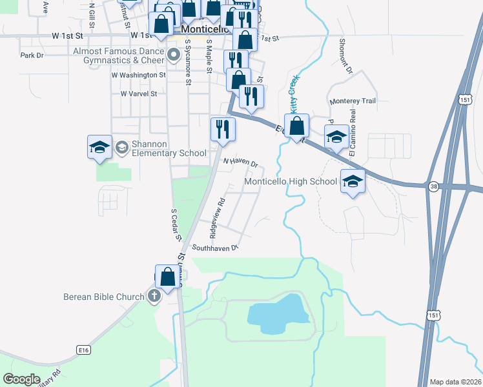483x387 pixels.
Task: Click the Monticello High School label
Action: coord(291,182)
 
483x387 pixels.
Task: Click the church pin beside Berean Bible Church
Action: coord(154,297)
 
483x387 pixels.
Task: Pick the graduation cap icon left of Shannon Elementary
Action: coord(100,147)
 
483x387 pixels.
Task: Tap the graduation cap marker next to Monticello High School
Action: coord(353,183)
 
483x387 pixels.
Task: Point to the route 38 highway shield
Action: coord(432,186)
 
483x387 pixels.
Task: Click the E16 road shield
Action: coord(83,350)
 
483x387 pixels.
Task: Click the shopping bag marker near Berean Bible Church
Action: coord(167,277)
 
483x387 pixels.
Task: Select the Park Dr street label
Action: coord(31,55)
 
